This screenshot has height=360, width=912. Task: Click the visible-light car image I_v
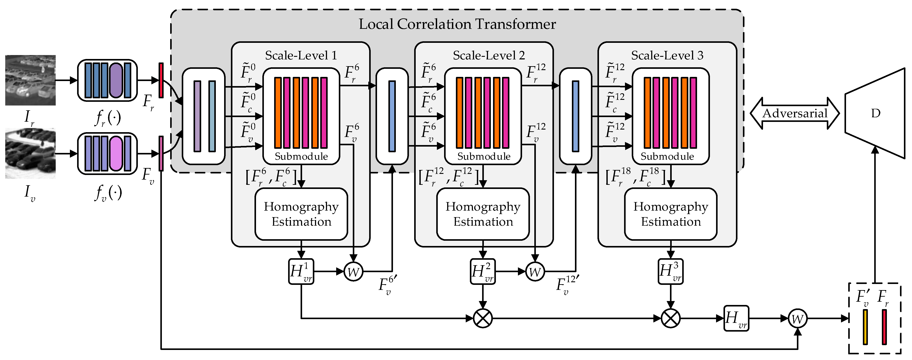pos(30,153)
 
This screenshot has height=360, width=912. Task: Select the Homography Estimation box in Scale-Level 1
pos(301,214)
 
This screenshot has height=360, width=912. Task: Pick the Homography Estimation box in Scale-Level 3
pos(671,214)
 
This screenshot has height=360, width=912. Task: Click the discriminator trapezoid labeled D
pos(875,113)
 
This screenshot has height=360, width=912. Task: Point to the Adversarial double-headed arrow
pos(794,113)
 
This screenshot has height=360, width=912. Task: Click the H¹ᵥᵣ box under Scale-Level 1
pos(301,272)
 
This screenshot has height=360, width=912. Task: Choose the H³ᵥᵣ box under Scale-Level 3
pos(671,272)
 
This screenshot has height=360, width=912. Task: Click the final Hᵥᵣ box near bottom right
pos(736,318)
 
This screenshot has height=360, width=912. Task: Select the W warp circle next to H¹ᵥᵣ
pos(353,272)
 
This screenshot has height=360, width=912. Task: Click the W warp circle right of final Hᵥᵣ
pos(798,318)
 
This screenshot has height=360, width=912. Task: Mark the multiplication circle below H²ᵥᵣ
pos(483,318)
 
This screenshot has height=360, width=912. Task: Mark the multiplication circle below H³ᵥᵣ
pos(671,318)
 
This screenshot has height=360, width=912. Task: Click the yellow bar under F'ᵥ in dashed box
pos(865,327)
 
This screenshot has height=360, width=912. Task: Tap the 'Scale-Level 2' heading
pos(489,55)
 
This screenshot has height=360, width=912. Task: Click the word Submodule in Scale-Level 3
pos(667,156)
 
